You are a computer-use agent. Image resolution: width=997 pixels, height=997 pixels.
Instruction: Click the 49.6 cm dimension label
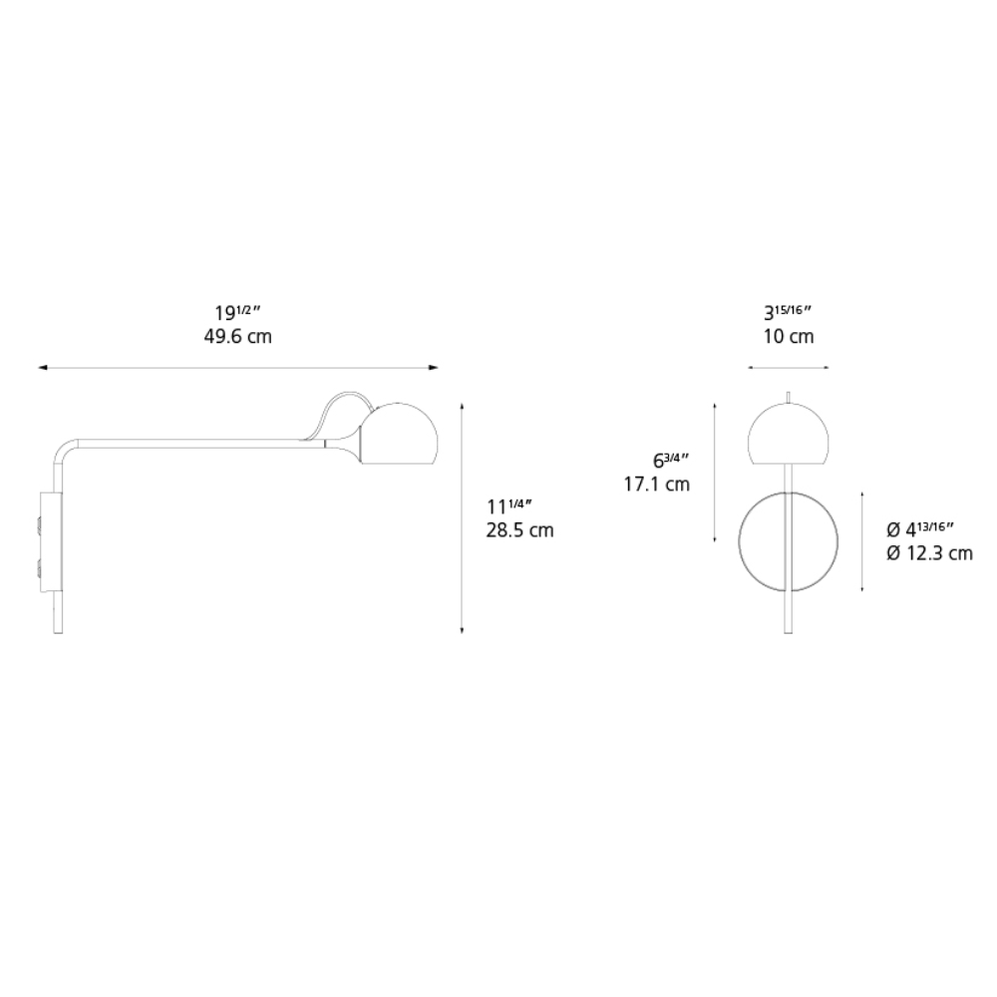coord(237,337)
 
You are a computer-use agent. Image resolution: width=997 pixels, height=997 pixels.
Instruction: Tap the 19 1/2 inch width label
coord(237,311)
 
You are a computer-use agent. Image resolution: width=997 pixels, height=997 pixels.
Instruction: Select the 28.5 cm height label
coord(519,530)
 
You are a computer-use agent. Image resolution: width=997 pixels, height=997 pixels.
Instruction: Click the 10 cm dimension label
coord(788,337)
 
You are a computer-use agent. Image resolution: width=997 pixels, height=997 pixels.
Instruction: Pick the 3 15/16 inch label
coord(788,311)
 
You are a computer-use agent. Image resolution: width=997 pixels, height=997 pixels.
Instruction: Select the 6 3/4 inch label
coord(670,460)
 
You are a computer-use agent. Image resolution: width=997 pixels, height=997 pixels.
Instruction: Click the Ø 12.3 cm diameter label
coord(929,553)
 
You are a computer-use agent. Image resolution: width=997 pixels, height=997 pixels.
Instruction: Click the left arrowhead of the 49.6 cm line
coord(41,368)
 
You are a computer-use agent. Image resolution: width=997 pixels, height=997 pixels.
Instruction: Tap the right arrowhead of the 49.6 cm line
coord(435,368)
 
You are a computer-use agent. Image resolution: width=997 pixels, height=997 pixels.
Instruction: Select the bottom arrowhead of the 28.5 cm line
coord(463,629)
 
